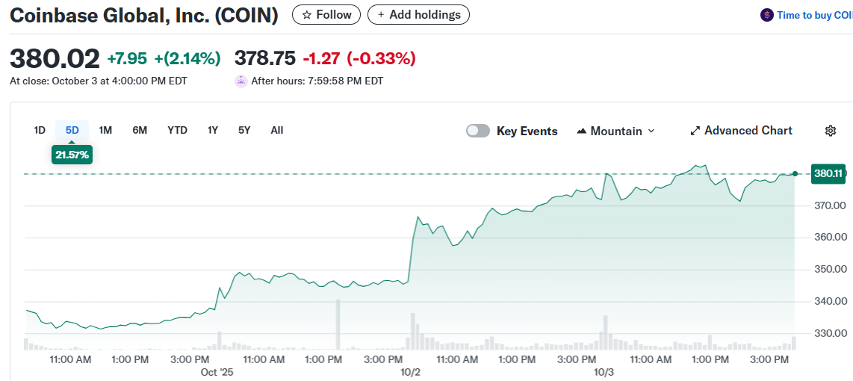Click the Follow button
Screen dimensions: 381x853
326,15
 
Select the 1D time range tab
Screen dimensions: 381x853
40,130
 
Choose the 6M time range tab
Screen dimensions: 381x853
140,130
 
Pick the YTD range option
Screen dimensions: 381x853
177,130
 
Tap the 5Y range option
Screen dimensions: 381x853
244,130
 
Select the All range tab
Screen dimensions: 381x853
277,130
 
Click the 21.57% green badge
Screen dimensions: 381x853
72,155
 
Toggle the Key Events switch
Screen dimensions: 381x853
478,131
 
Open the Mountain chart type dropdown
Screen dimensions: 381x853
615,131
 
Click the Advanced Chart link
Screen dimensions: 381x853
740,131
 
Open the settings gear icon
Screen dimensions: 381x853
830,131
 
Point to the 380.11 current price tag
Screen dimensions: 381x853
828,173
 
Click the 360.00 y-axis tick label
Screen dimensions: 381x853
830,238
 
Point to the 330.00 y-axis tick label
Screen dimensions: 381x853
830,333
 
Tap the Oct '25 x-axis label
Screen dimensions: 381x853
217,372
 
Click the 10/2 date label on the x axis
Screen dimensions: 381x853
411,372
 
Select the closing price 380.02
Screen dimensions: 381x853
55,58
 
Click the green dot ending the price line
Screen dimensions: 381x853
795,173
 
